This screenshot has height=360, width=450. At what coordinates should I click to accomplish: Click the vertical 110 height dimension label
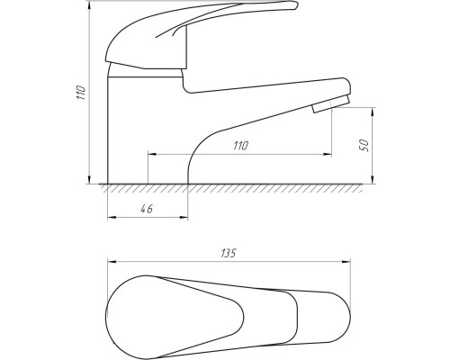(82, 93)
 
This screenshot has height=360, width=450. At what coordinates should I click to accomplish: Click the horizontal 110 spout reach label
(240, 146)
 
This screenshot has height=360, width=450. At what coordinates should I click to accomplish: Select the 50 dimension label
(364, 146)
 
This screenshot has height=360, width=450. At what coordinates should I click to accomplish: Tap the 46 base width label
(147, 209)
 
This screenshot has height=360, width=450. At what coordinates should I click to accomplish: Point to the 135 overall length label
(229, 253)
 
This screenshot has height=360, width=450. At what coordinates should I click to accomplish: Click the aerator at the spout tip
(331, 104)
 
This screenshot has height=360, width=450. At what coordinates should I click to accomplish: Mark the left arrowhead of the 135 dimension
(112, 262)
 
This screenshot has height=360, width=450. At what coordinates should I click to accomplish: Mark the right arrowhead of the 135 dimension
(346, 262)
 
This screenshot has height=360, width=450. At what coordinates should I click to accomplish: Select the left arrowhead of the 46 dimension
(112, 218)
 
